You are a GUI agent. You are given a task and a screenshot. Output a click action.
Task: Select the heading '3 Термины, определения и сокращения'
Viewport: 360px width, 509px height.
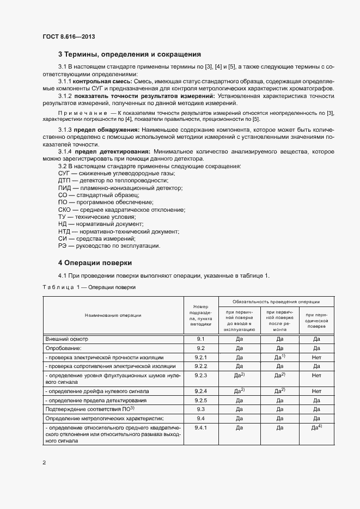click(x=130, y=54)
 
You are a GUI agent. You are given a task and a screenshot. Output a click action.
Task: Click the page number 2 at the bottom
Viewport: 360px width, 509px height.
click(x=44, y=463)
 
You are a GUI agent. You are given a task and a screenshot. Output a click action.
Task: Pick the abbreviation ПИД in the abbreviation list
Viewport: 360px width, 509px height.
click(x=65, y=187)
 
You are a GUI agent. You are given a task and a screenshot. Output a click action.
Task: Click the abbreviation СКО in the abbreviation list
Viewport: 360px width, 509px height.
click(x=65, y=210)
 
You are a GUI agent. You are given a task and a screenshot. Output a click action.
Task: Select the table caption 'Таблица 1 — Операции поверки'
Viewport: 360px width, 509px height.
click(x=89, y=287)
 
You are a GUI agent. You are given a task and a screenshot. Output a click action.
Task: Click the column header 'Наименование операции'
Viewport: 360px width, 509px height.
click(x=113, y=315)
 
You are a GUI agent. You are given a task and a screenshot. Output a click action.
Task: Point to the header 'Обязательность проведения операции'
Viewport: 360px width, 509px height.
click(x=276, y=302)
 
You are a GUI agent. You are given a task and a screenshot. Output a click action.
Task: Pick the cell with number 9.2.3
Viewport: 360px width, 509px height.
click(x=200, y=376)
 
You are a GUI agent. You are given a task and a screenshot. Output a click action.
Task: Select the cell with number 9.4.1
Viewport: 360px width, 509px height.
click(x=200, y=428)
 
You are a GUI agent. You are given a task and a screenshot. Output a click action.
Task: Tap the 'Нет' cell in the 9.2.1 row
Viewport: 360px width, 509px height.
click(x=316, y=357)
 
